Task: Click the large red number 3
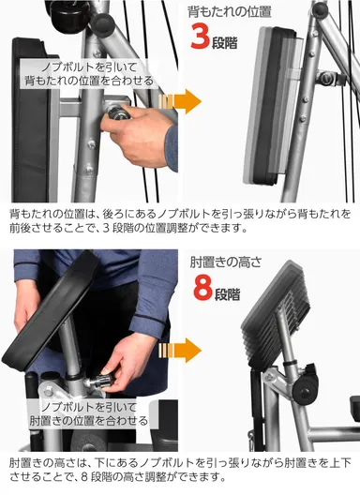tap(202, 39)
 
